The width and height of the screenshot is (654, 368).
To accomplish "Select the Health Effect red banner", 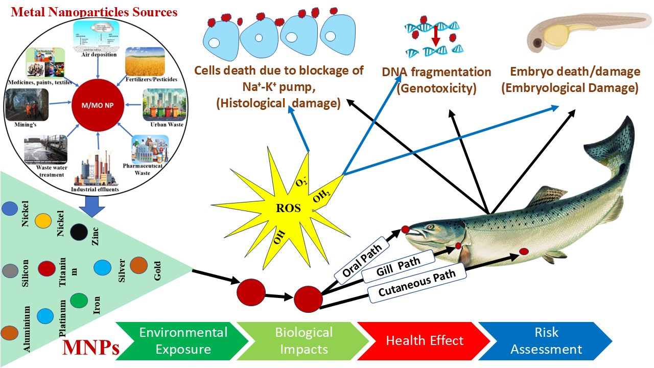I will coord(424,341).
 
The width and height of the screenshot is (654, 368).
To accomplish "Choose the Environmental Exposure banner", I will coord(182,341).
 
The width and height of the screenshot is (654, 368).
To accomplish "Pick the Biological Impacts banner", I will coord(303,341).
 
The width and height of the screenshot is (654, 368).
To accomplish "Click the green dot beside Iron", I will coord(79,301).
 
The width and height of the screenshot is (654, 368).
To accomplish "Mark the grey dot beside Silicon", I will coord(11,270).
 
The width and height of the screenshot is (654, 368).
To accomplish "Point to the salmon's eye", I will coord(431,227).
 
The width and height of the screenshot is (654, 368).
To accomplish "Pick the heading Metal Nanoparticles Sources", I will coord(94,12).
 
